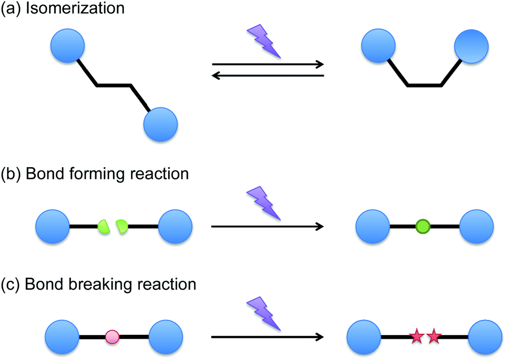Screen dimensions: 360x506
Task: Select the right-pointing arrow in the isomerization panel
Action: pyautogui.click(x=268, y=64)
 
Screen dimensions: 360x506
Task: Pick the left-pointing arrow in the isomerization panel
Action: pyautogui.click(x=268, y=75)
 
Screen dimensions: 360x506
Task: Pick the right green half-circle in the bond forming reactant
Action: pyautogui.click(x=121, y=226)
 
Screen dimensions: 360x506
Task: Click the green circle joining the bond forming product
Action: pyautogui.click(x=423, y=226)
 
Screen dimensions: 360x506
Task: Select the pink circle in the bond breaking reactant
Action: pyautogui.click(x=113, y=337)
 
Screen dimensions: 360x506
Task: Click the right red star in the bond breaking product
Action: pyautogui.click(x=434, y=337)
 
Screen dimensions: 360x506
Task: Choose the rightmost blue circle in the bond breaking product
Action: pyautogui.click(x=485, y=337)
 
